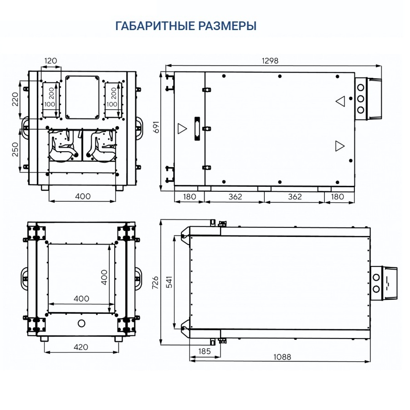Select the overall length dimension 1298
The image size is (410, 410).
point(270,60)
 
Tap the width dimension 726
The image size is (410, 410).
point(155,282)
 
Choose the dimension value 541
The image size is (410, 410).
point(169,282)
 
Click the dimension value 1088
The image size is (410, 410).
point(282,357)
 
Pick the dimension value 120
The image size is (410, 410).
point(51,61)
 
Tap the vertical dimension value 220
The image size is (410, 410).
point(15,99)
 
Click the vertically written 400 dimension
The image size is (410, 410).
point(104,277)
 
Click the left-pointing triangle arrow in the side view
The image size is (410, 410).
point(340,101)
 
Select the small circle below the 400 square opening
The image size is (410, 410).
point(82,323)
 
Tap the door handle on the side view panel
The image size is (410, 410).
point(197,128)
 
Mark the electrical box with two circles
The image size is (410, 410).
point(383,283)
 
